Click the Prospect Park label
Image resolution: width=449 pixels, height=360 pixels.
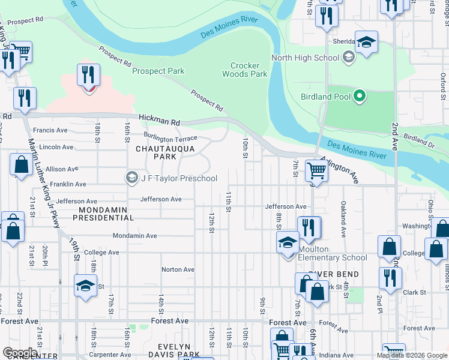(x=158, y=71)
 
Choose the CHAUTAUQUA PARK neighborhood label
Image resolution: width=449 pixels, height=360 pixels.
(x=156, y=152)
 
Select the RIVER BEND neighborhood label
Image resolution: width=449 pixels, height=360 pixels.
(x=334, y=274)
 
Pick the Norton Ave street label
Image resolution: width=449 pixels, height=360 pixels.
(x=178, y=269)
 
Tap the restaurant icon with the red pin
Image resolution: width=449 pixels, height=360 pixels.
(x=88, y=75)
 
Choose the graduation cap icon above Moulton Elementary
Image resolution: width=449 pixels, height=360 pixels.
(x=288, y=242)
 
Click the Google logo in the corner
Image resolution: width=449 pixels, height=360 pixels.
(x=20, y=352)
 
